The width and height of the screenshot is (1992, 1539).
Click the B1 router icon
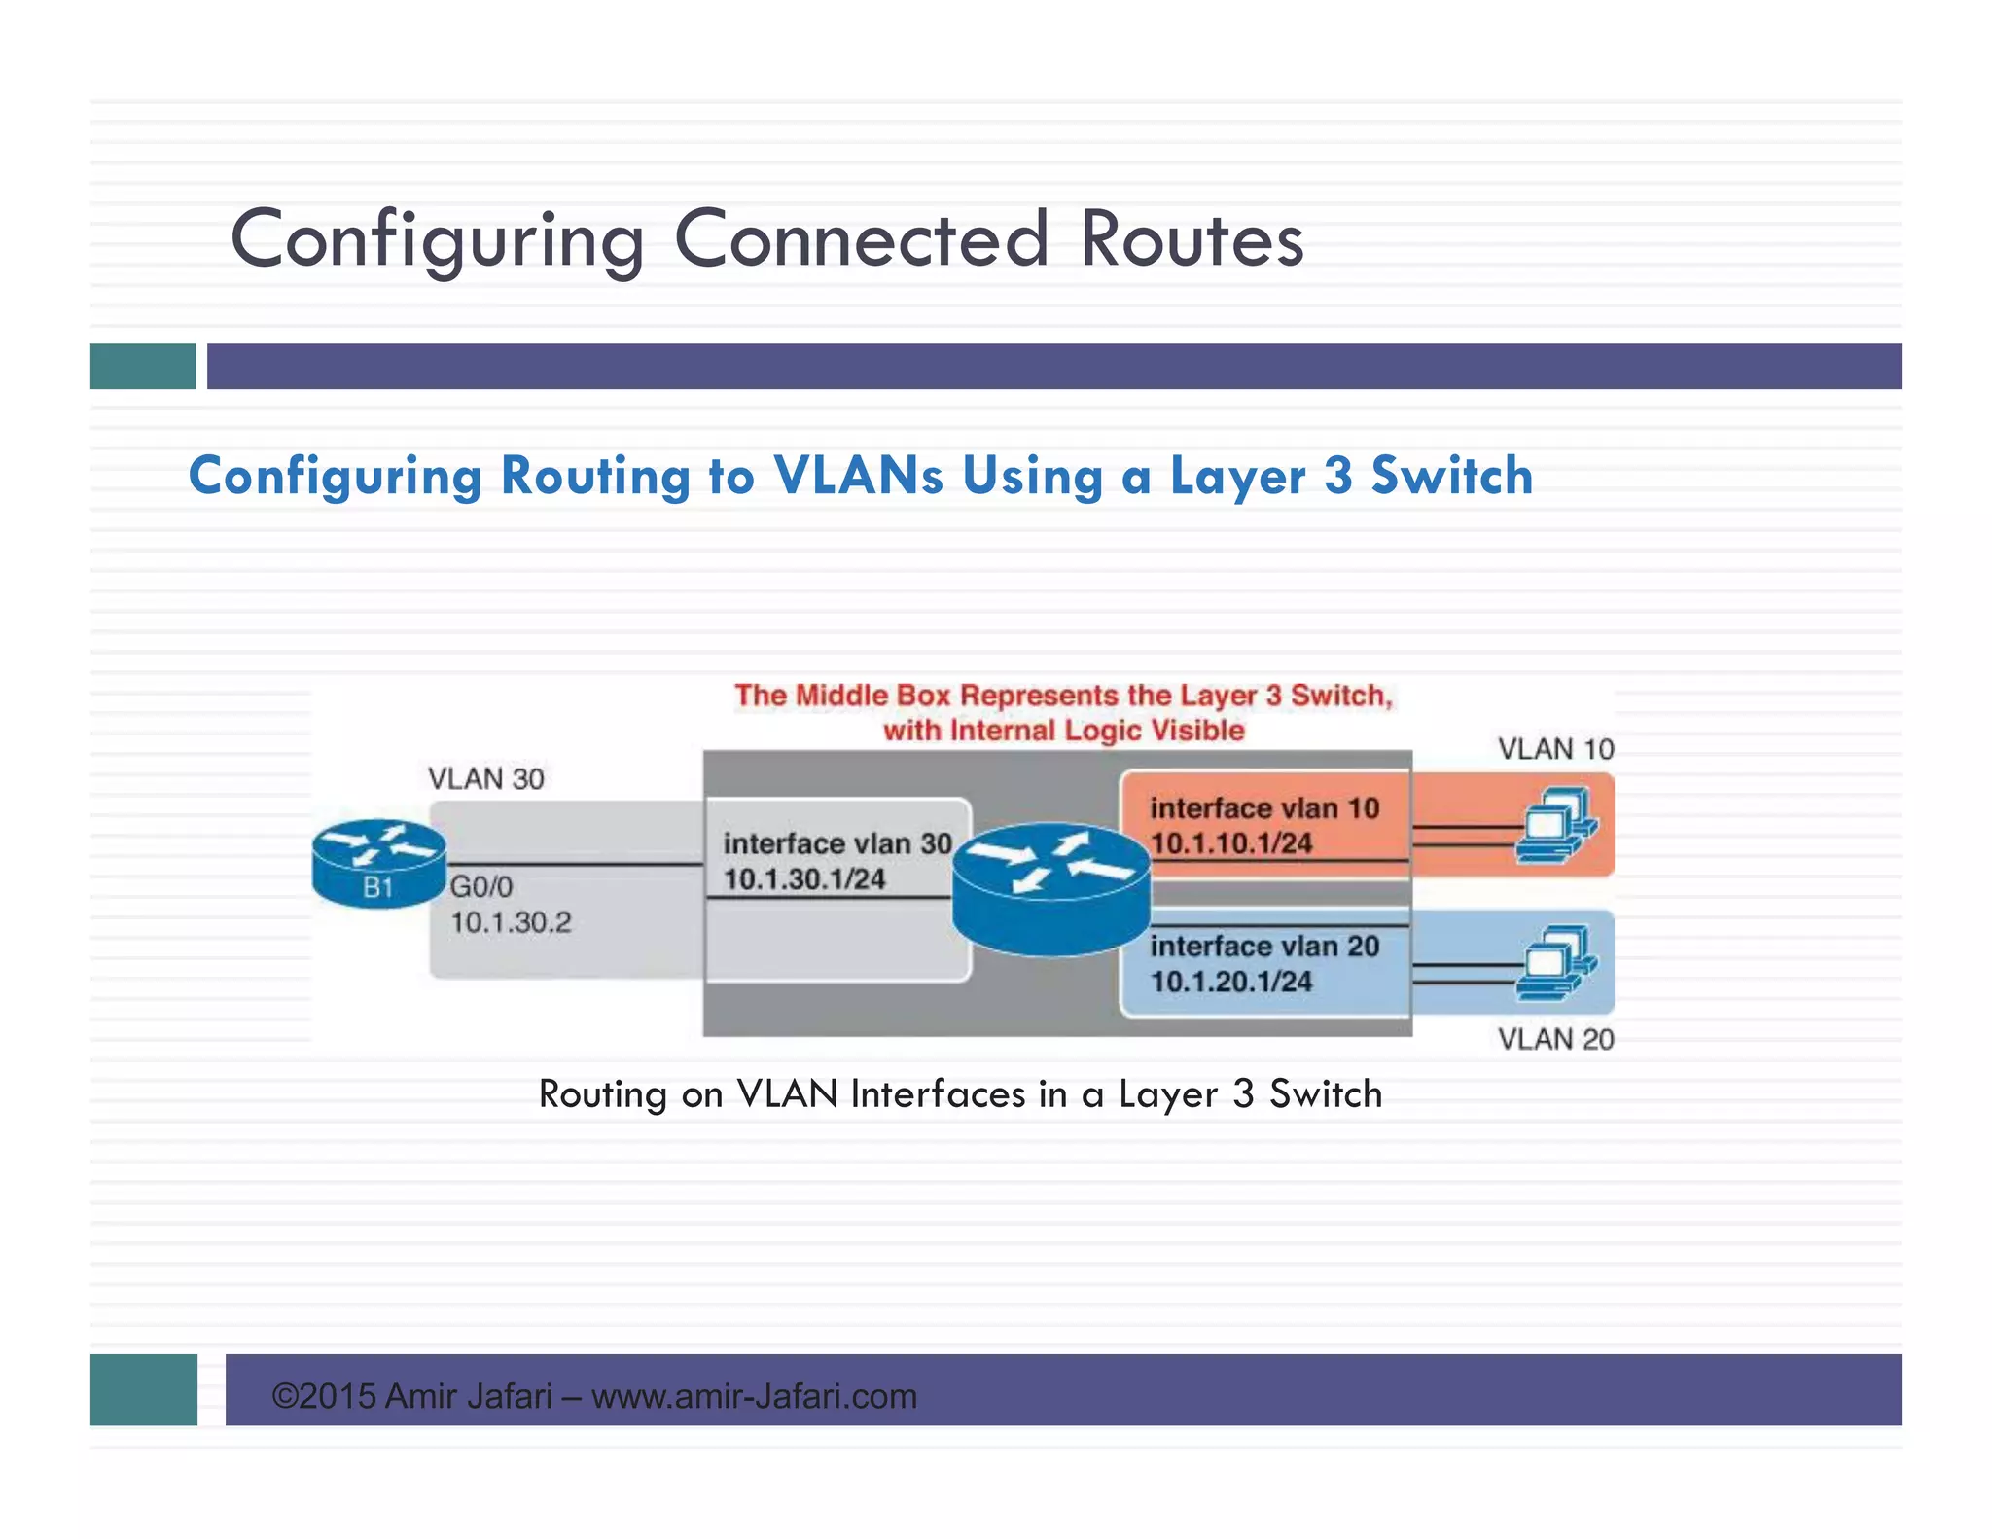[x=378, y=863]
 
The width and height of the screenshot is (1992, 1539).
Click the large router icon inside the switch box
[x=1050, y=887]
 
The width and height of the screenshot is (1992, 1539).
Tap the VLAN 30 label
[x=485, y=779]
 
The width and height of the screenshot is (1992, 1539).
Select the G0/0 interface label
[x=480, y=886]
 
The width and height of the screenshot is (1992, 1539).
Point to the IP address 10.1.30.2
[x=511, y=922]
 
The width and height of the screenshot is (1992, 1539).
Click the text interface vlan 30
[x=836, y=843]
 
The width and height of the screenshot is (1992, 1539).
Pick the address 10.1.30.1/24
[x=804, y=879]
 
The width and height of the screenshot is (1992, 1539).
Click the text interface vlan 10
[x=1263, y=808]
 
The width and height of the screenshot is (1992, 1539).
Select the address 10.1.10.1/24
[x=1231, y=843]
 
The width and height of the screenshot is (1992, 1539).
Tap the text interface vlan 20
[x=1263, y=947]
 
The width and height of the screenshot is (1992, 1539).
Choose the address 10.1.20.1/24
[x=1231, y=982]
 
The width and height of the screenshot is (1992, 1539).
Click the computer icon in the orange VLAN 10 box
[x=1555, y=827]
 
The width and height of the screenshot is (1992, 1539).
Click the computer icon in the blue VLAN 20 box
[x=1555, y=963]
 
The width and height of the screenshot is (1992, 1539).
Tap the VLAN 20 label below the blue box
[x=1555, y=1039]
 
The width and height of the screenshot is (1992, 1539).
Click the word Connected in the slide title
[x=861, y=239]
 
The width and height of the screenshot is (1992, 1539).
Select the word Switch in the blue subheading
[x=1451, y=476]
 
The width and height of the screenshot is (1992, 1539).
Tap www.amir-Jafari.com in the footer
[x=754, y=1396]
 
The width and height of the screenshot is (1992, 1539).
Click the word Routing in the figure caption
[x=602, y=1094]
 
